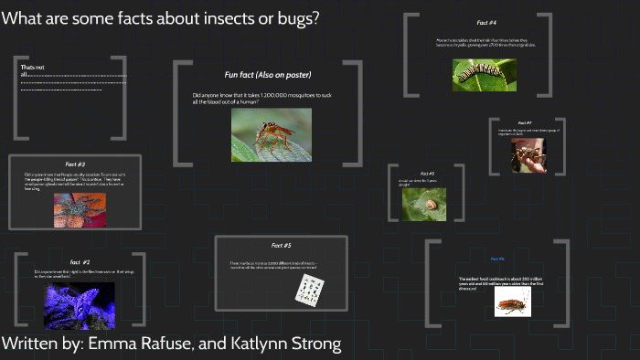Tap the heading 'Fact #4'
[486, 22]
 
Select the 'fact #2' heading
[80, 261]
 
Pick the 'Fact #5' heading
[282, 245]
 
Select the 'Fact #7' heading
[525, 122]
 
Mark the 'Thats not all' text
[34, 71]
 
